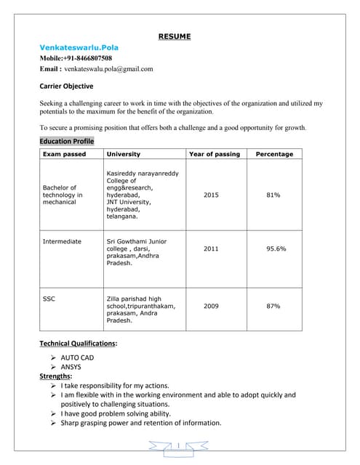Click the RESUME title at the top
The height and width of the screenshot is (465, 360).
coord(175,36)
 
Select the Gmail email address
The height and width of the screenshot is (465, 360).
coord(108,69)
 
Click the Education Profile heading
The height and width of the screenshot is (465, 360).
coord(66,141)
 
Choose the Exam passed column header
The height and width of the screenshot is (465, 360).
coord(64,154)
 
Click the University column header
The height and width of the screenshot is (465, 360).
coord(124,154)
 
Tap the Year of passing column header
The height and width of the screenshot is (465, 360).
coord(214,154)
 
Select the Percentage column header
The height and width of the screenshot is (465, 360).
coord(274,154)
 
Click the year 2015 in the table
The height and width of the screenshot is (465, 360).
coord(211,195)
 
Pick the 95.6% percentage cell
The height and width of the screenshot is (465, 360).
coord(276,248)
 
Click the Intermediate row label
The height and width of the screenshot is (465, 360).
coord(62,241)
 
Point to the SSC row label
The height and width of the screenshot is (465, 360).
coord(49,299)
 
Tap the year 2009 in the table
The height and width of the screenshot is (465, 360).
coord(211,306)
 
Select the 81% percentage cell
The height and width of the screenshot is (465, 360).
coord(273,195)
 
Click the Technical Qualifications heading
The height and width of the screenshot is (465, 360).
coord(78,343)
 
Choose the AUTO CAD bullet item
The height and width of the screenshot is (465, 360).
coord(77,357)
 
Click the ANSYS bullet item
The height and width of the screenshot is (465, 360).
coord(71,367)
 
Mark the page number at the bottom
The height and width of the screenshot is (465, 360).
coord(177,445)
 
